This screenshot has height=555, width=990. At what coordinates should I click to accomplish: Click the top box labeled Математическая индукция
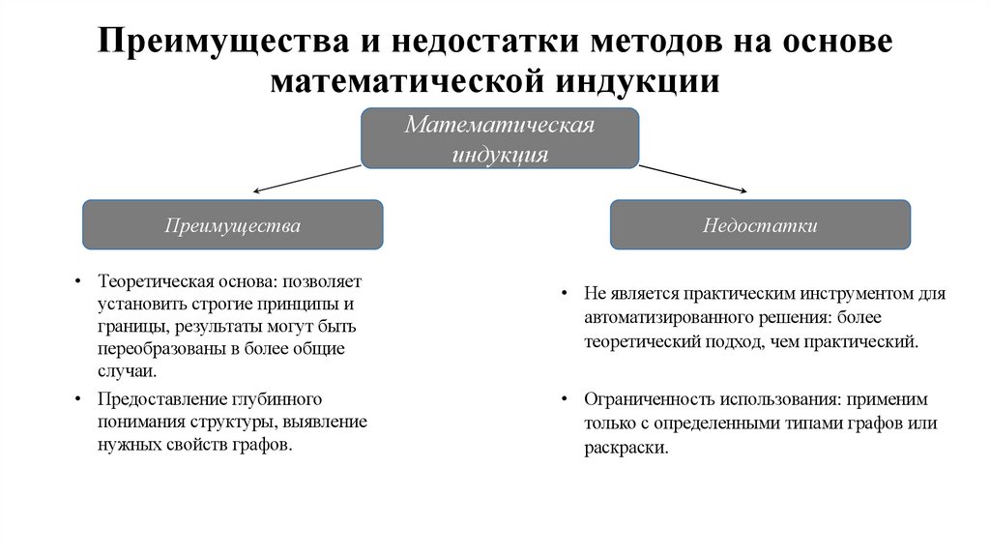500,138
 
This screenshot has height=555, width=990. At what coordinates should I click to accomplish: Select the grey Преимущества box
232,226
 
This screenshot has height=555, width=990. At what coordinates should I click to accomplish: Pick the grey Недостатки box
760,226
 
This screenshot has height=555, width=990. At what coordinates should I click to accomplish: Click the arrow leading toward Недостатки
692,178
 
